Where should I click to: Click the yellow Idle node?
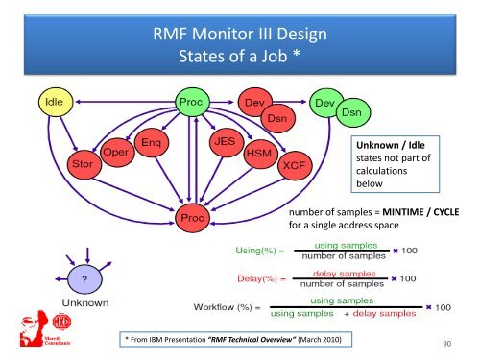51,101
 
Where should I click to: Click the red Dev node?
254,101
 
